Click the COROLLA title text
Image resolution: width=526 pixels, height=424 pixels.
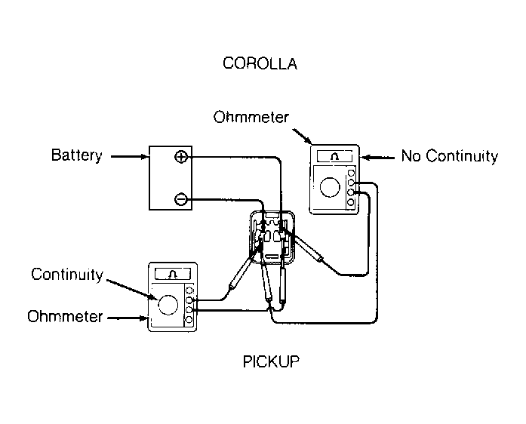260,63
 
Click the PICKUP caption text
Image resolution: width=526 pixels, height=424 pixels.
271,361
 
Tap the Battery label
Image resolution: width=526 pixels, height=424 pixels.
77,155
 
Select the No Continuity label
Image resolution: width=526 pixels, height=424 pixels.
450,156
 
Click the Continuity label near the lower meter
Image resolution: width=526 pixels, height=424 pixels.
67,275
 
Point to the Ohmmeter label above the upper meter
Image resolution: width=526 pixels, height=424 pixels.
251,117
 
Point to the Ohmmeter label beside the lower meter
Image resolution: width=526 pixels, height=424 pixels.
65,316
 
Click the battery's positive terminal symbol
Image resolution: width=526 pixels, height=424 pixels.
181,157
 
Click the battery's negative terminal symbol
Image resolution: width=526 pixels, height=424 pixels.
180,199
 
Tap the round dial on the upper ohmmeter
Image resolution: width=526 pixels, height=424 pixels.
330,187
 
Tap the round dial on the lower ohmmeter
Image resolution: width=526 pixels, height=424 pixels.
168,305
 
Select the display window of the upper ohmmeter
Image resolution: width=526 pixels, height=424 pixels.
335,156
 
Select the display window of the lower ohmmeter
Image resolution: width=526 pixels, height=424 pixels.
173,274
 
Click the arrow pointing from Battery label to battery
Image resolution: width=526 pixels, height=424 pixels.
129,156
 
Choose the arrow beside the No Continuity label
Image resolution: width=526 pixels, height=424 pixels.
378,157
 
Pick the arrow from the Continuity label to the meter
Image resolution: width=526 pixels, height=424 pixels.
131,288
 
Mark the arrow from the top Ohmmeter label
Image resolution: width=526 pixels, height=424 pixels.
303,136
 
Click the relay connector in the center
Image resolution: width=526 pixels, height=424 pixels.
272,237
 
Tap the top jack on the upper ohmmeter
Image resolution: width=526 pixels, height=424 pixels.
351,173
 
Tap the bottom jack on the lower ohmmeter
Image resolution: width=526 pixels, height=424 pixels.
189,320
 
